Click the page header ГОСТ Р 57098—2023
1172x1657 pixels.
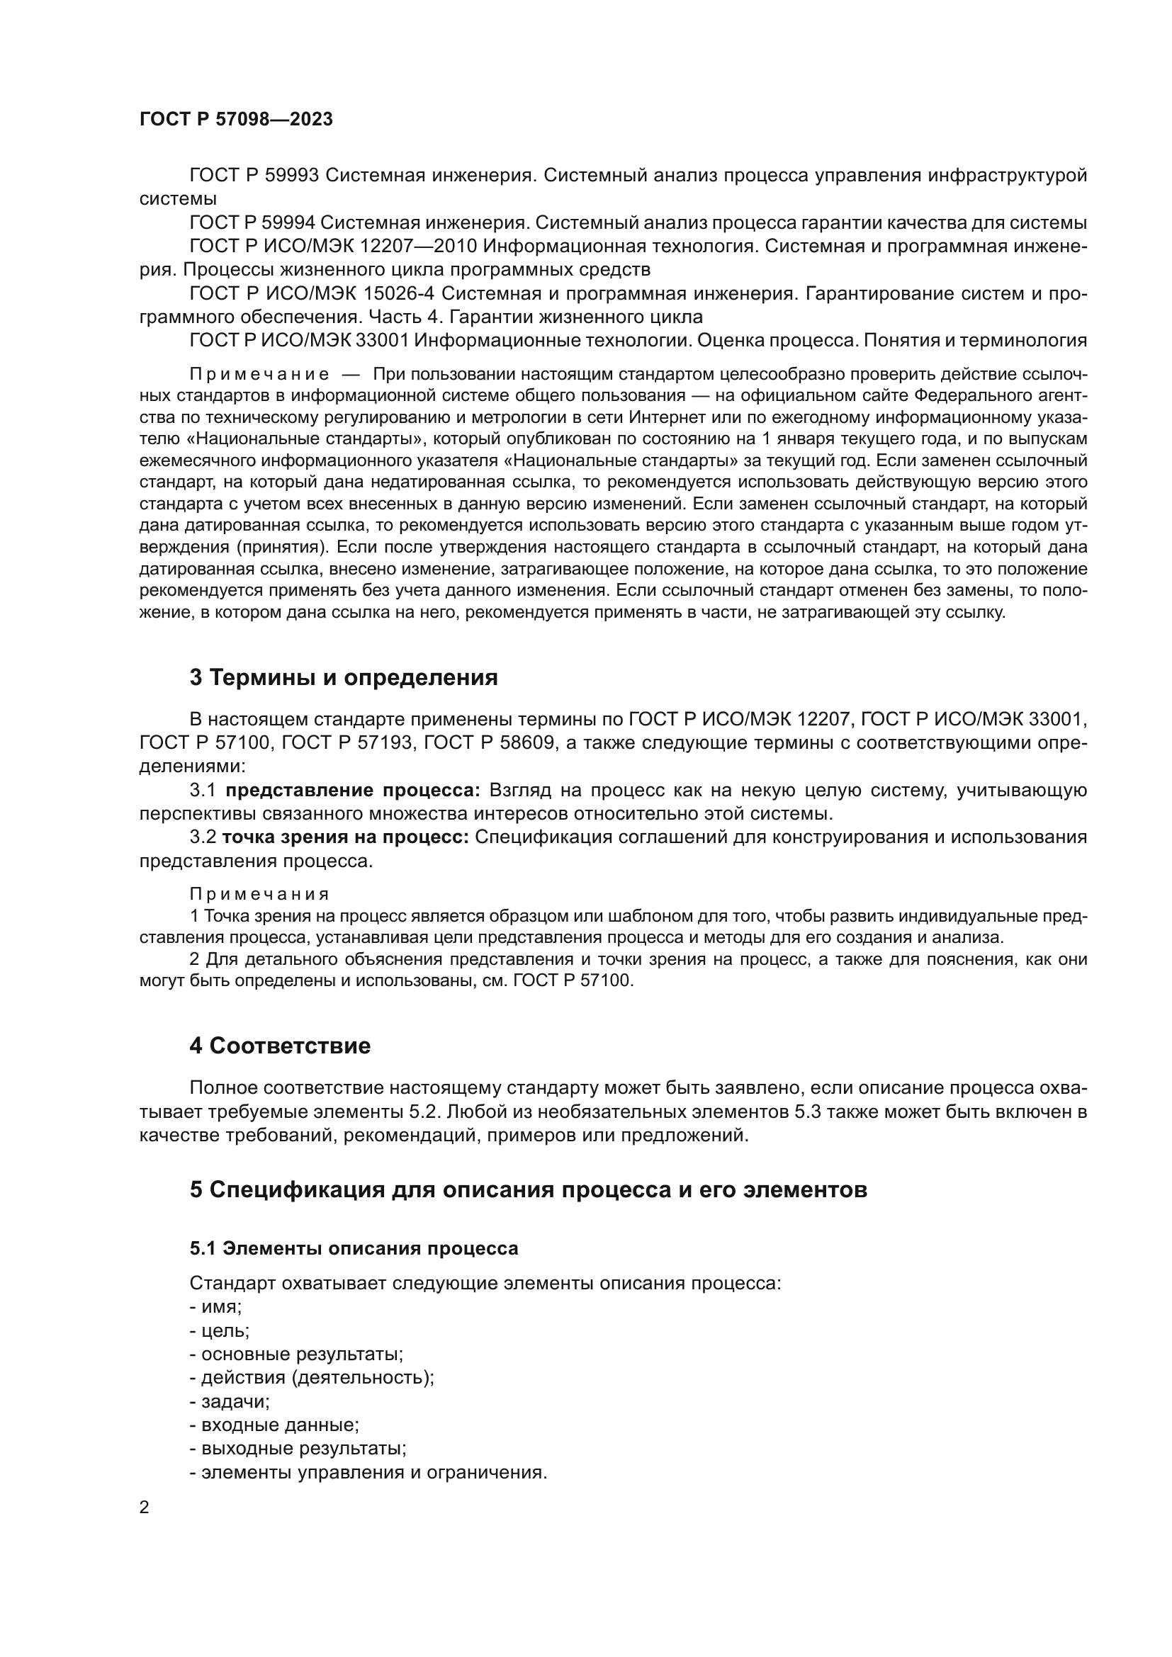pos(236,119)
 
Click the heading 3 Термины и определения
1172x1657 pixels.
pos(344,678)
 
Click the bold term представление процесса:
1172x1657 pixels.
pos(353,791)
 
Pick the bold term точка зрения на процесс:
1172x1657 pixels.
pos(346,837)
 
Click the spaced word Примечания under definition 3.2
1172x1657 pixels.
pos(259,894)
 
